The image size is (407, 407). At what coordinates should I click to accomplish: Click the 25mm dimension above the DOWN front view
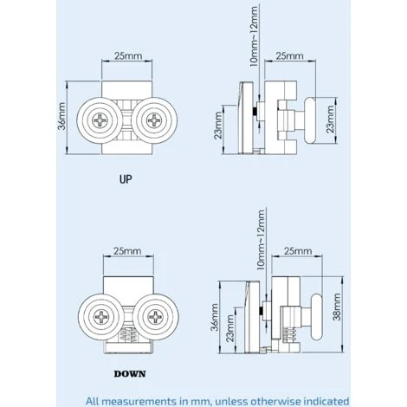126,251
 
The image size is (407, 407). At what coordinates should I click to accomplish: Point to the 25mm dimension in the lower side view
295,251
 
